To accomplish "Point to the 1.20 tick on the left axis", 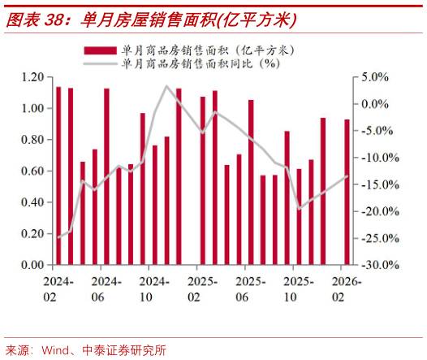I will tap(31, 77).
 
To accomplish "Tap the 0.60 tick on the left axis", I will tap(31, 171).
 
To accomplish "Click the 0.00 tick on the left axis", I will tap(31, 265).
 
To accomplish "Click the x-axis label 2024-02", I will tap(58, 288).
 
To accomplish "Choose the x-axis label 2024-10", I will tap(154, 288).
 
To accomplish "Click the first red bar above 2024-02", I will tap(58, 176).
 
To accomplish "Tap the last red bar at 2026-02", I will tap(347, 192).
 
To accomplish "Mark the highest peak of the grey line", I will tap(166, 86).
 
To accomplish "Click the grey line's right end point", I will tap(347, 176).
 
